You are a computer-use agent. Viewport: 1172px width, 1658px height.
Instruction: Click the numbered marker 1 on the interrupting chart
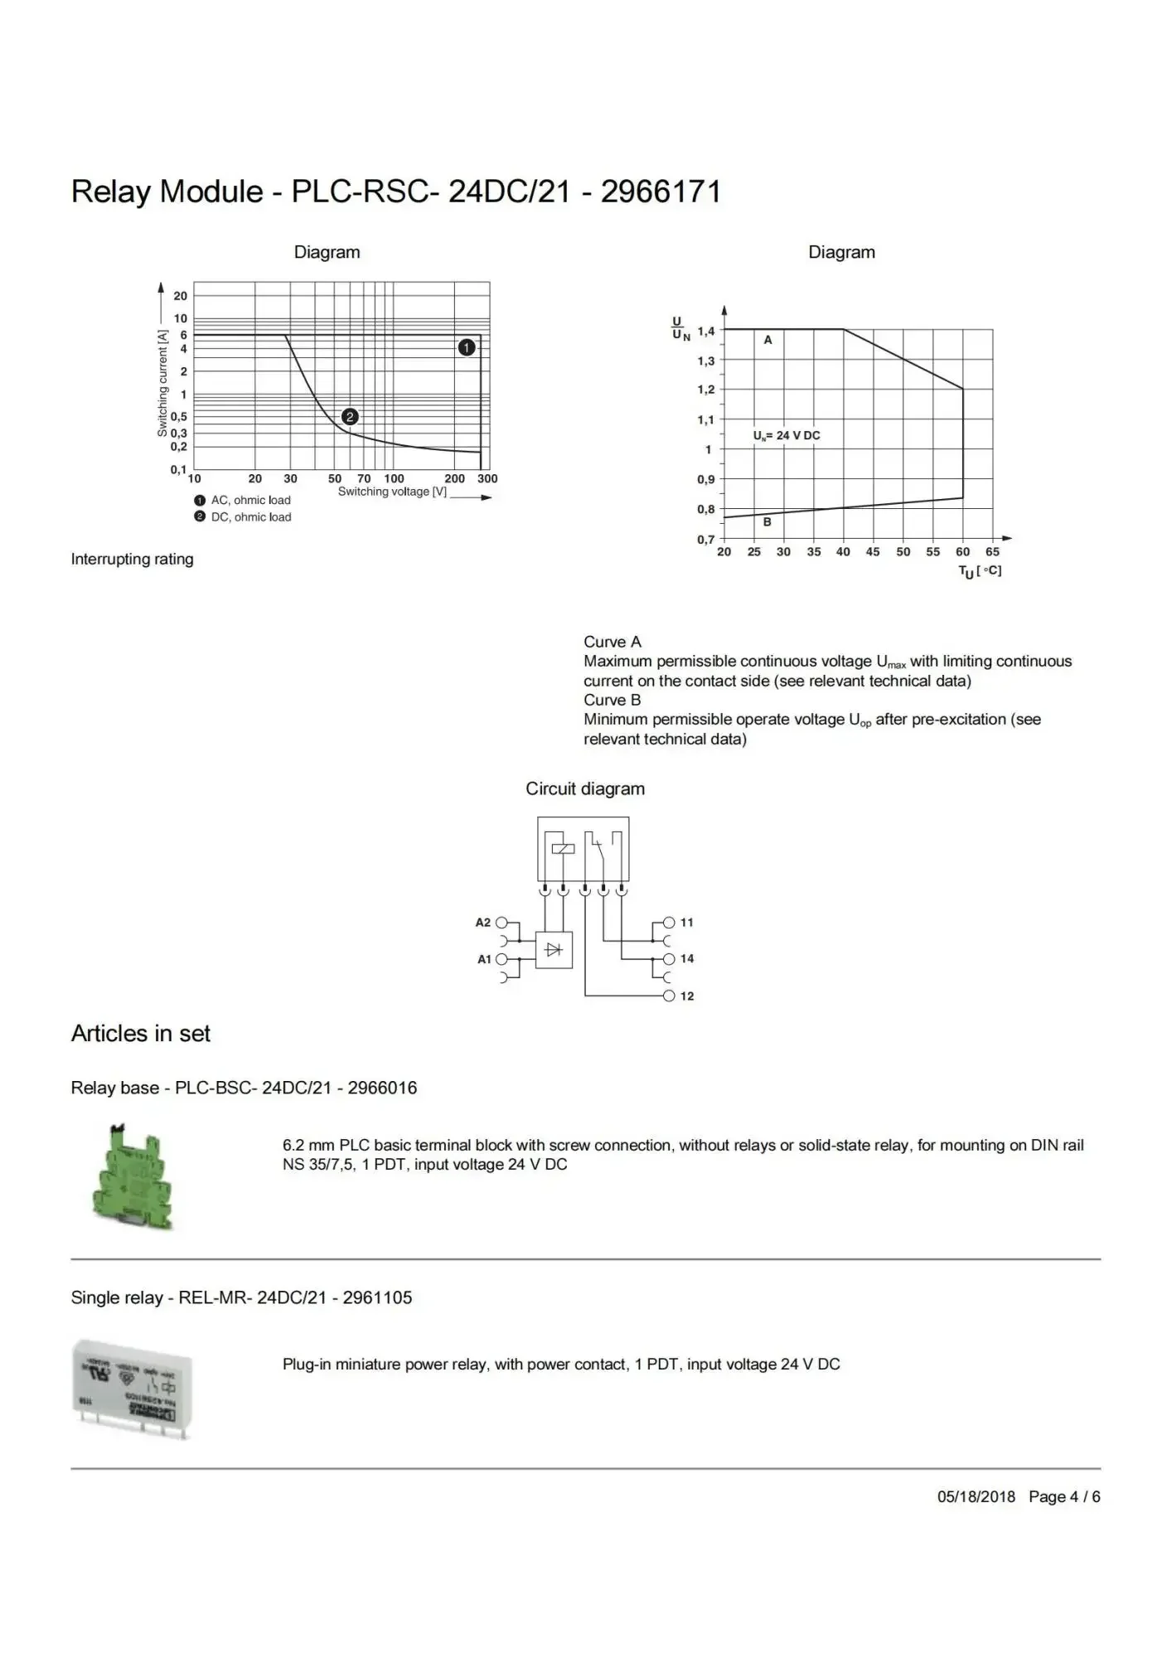point(467,347)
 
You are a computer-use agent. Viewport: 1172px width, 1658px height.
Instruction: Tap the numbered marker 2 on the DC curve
point(350,416)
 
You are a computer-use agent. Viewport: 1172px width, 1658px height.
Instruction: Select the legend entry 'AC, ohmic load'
point(250,500)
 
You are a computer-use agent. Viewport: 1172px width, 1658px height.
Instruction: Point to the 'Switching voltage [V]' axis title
point(392,492)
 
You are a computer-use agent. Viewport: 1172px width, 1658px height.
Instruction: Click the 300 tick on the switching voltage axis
point(487,478)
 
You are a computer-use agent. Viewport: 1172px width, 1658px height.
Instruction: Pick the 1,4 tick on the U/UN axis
point(705,331)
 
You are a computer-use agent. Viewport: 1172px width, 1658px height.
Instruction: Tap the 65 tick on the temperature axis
point(992,551)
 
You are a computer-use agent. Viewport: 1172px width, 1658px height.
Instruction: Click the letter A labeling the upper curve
point(768,340)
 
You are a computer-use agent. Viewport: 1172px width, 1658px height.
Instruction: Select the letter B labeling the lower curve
point(767,521)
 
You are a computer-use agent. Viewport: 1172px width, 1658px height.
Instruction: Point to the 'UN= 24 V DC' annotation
point(787,435)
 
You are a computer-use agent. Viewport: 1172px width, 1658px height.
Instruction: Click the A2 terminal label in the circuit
point(483,922)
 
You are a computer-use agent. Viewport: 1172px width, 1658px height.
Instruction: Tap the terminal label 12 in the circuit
point(687,996)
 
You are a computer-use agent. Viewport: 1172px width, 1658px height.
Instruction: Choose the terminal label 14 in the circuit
point(687,958)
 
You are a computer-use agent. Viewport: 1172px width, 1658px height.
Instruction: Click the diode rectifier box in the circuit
point(554,950)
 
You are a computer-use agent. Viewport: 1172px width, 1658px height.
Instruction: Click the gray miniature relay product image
point(133,1388)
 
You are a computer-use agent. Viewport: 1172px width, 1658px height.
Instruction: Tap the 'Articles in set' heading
point(141,1033)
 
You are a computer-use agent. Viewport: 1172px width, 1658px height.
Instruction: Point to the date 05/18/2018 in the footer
point(976,1496)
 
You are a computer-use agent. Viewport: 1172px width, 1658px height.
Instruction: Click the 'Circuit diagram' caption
point(585,788)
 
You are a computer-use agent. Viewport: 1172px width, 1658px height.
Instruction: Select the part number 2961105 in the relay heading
point(377,1297)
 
